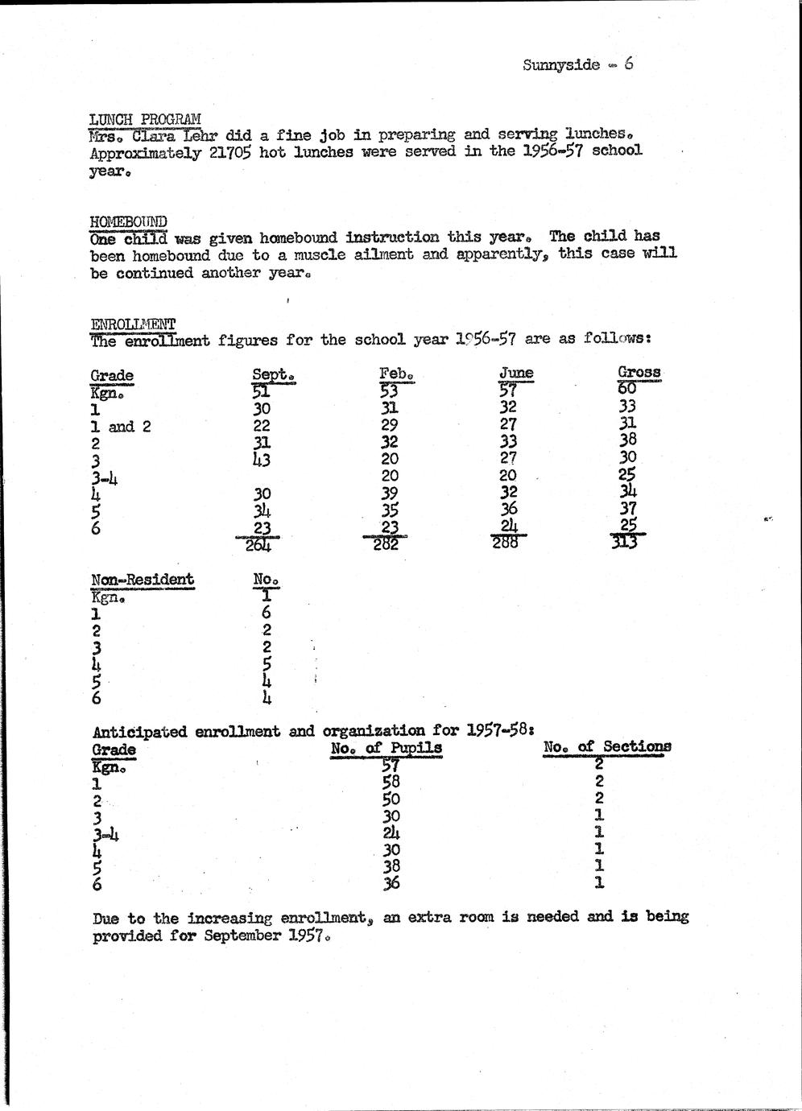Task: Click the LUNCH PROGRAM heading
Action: click(x=145, y=120)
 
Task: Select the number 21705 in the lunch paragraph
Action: click(x=230, y=152)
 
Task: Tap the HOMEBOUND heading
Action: click(x=128, y=221)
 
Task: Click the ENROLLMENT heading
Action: click(x=133, y=324)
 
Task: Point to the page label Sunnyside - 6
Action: click(x=577, y=64)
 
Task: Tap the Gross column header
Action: click(x=639, y=372)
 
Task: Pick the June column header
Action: click(x=516, y=373)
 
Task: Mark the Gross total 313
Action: click(x=624, y=543)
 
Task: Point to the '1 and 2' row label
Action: click(x=121, y=427)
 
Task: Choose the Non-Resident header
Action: click(x=143, y=580)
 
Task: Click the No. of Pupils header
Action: click(x=387, y=748)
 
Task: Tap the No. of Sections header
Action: click(x=606, y=747)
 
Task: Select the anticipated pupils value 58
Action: click(x=391, y=782)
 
